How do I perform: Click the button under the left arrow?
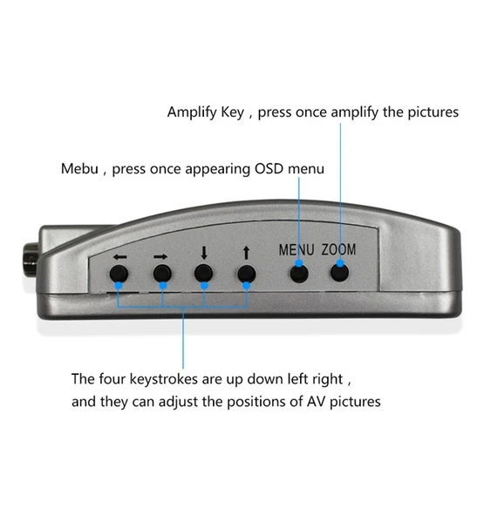pos(119,274)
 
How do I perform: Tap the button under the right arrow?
pos(161,274)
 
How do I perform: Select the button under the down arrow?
pos(204,274)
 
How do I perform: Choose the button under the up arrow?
pos(247,274)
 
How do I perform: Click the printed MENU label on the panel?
pos(297,249)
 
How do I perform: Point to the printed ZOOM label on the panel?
pos(338,249)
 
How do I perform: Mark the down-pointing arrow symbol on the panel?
pos(204,253)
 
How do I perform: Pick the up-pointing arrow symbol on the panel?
pos(247,253)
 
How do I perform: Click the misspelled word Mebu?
pos(79,168)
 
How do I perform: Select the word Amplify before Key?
pos(192,112)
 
